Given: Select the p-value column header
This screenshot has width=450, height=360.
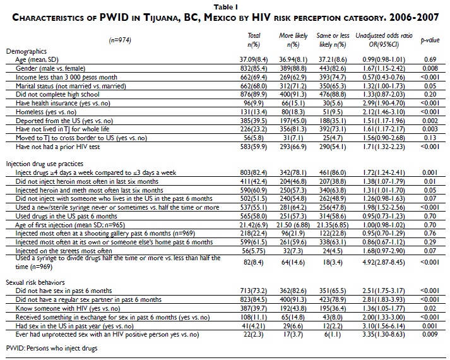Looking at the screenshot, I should click(429, 40).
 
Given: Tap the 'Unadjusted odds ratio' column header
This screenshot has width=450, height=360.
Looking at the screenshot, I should click(377, 39).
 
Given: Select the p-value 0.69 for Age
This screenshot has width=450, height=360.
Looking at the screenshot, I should click(429, 58).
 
